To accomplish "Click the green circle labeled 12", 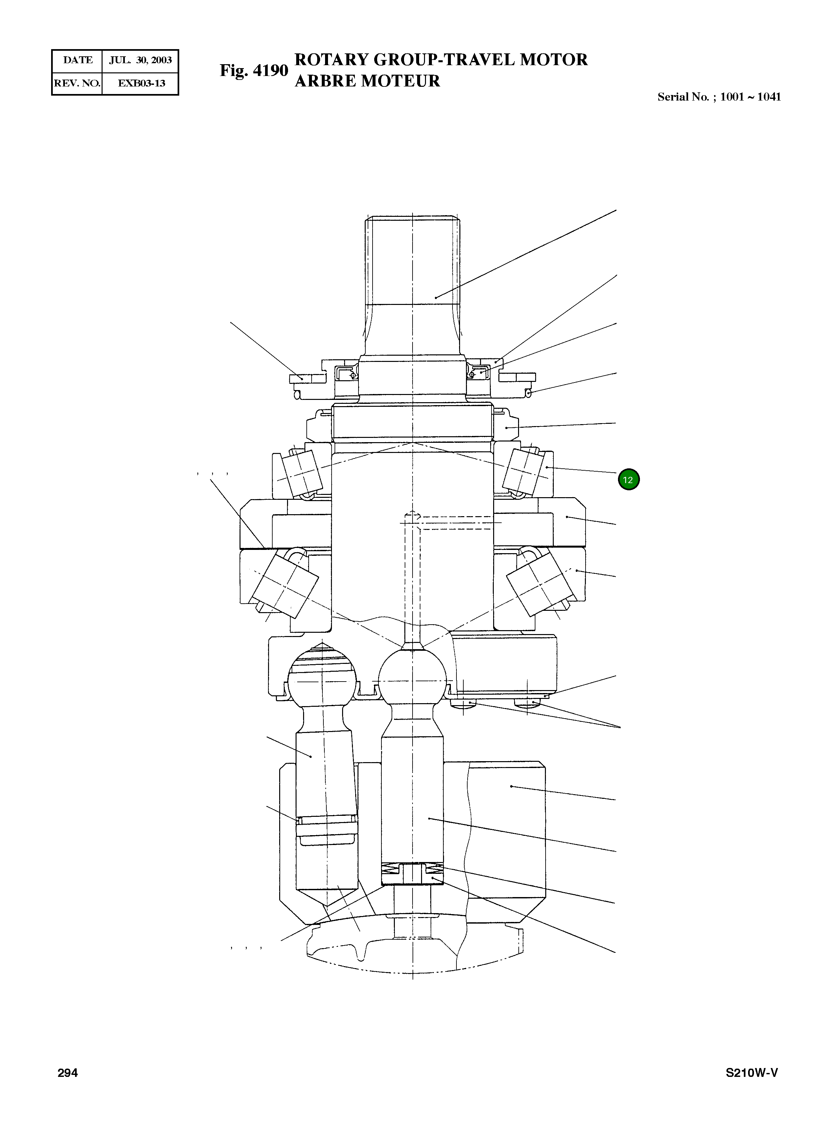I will pyautogui.click(x=628, y=479).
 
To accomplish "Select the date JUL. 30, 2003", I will pyautogui.click(x=140, y=60).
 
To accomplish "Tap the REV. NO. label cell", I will pyautogui.click(x=77, y=84).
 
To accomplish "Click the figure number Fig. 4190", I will pyautogui.click(x=254, y=70).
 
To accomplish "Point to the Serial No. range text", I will pyautogui.click(x=719, y=97).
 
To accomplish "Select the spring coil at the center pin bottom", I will pyautogui.click(x=412, y=867).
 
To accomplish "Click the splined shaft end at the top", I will pyautogui.click(x=412, y=261).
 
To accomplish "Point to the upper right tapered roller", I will pyautogui.click(x=524, y=471).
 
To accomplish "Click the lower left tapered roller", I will pyautogui.click(x=285, y=582).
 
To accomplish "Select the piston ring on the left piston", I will pyautogui.click(x=327, y=820).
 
